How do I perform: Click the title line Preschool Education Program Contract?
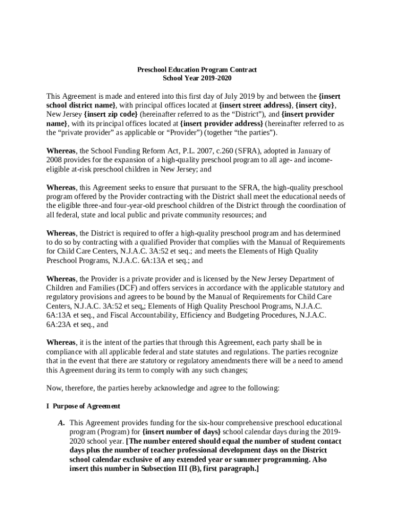pyautogui.click(x=197, y=69)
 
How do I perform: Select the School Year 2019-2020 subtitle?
pyautogui.click(x=197, y=78)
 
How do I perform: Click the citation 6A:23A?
pyautogui.click(x=59, y=324)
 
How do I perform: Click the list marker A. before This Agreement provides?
pyautogui.click(x=61, y=423)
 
